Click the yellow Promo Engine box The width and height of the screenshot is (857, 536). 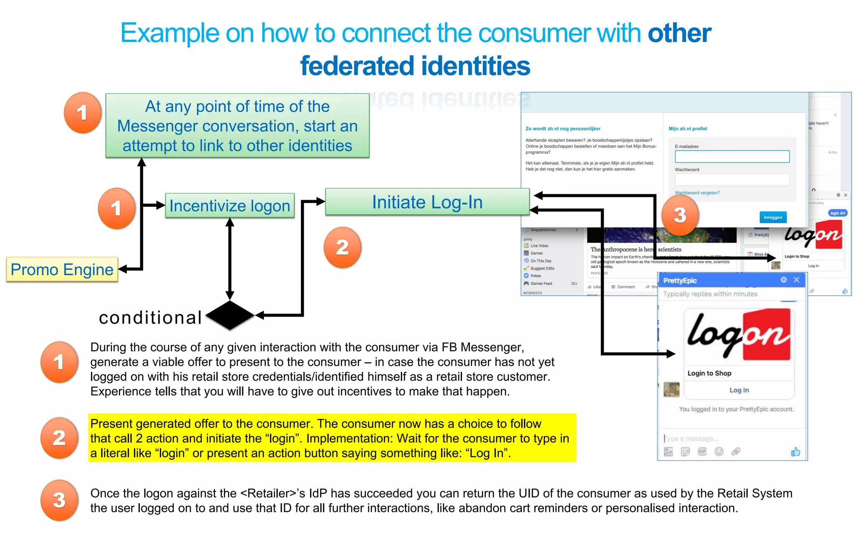tap(62, 270)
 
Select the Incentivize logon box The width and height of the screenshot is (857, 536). tap(230, 206)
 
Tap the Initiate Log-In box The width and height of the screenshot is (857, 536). tap(427, 202)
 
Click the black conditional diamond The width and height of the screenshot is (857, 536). tap(230, 315)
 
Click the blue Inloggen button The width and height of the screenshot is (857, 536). tap(772, 217)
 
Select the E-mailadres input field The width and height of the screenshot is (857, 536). tap(732, 157)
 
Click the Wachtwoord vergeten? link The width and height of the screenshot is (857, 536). tap(697, 193)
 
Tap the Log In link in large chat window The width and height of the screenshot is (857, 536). tap(739, 390)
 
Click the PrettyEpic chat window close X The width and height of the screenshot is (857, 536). tap(796, 280)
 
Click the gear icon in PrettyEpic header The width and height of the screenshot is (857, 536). tap(783, 280)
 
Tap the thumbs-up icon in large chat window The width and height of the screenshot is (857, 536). tap(795, 452)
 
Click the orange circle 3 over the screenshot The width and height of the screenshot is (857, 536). tap(680, 215)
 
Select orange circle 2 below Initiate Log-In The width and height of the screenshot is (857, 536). tap(342, 247)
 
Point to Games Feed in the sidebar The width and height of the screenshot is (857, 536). tap(541, 283)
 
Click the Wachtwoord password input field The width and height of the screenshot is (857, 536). tap(732, 180)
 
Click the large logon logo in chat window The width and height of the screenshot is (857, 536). tap(739, 335)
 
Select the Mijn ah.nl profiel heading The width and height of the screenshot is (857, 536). tap(688, 129)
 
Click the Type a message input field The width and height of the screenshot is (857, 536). tap(711, 438)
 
